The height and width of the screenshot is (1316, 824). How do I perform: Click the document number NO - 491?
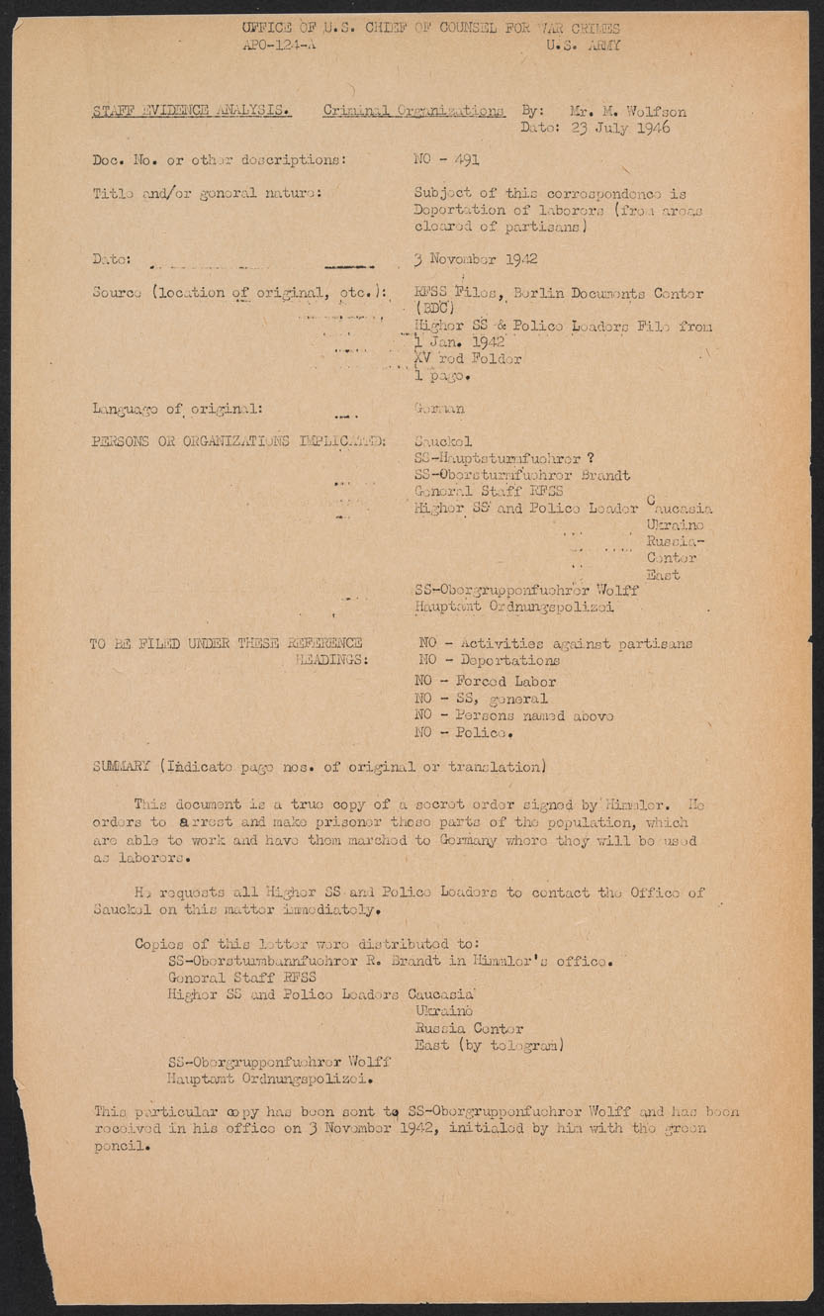[x=446, y=158]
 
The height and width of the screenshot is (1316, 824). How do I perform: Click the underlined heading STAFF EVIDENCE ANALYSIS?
[x=192, y=111]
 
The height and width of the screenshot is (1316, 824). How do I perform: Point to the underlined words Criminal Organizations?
[x=413, y=111]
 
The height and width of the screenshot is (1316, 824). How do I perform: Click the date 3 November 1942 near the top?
[x=476, y=259]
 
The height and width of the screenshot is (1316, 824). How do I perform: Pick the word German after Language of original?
[x=439, y=408]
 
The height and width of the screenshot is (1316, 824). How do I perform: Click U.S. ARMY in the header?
[x=584, y=46]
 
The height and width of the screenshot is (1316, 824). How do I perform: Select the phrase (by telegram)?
[x=509, y=1045]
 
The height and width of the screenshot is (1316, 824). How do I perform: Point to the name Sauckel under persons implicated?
[x=443, y=440]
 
